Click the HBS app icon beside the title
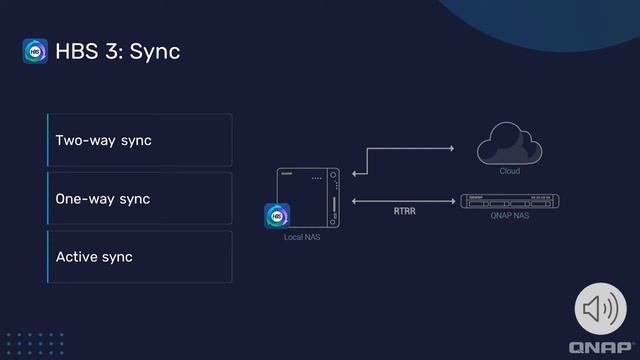(35, 51)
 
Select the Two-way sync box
(140, 140)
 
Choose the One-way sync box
(140, 198)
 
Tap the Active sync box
(140, 257)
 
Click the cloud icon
(510, 147)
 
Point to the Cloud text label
(510, 171)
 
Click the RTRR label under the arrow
(404, 212)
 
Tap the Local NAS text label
(301, 237)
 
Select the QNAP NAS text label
(510, 215)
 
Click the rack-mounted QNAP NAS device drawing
(510, 200)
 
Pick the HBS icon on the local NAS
(277, 216)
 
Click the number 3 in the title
(112, 51)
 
